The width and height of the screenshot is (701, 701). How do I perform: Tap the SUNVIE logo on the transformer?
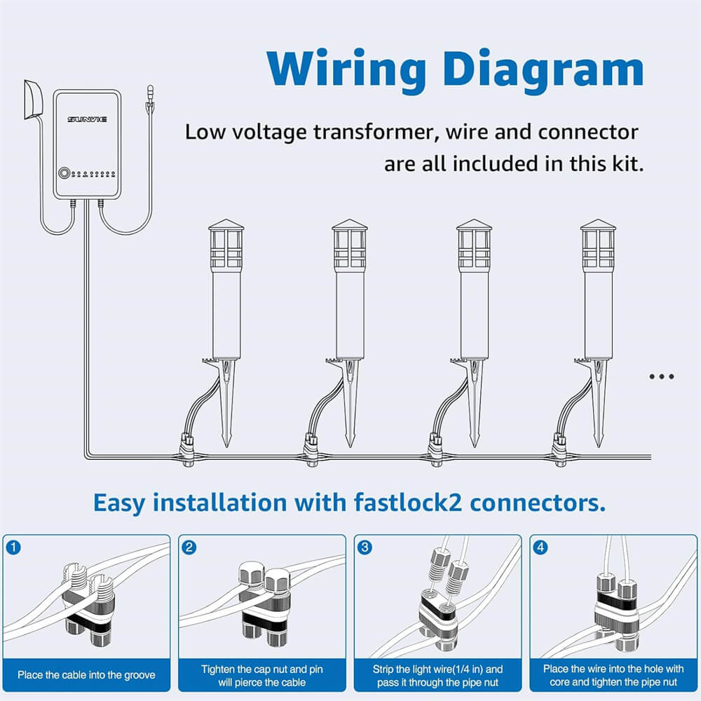[x=88, y=120]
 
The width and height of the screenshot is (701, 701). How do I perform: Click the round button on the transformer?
[x=65, y=172]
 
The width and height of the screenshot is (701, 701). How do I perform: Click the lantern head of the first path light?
[x=226, y=245]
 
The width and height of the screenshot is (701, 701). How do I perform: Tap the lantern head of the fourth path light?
[x=598, y=245]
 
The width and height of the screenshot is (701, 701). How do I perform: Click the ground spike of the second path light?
[x=350, y=407]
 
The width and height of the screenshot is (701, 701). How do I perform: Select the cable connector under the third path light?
[x=435, y=449]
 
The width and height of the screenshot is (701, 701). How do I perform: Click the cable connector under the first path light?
[x=186, y=449]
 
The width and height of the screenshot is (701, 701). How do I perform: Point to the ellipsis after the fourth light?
[x=661, y=376]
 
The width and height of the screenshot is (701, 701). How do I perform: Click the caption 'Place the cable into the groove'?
[x=86, y=675]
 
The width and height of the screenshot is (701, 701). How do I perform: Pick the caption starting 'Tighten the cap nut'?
[x=261, y=676]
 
